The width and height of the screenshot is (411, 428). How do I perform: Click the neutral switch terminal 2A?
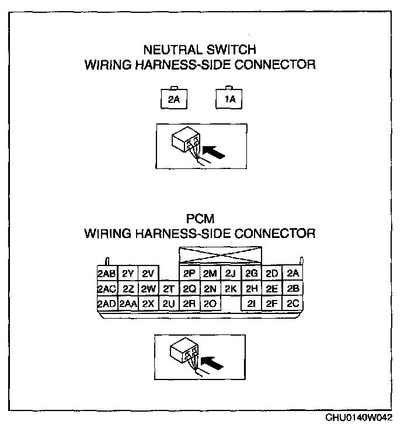[x=173, y=99]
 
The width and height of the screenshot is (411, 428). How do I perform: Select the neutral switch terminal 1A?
[x=229, y=99]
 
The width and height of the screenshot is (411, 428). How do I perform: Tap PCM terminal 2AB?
[x=107, y=274]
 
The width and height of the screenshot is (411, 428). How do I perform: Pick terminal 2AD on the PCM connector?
[x=107, y=303]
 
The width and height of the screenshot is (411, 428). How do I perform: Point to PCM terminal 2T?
[x=169, y=289]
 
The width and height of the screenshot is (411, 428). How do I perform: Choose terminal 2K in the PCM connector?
[x=230, y=289]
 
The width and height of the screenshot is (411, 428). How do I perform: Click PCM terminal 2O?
[x=210, y=303]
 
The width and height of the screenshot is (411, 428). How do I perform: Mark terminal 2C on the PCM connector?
[x=292, y=303]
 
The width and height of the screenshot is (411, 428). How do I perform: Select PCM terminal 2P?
[x=189, y=274]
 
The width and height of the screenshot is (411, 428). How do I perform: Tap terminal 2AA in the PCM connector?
[x=128, y=303]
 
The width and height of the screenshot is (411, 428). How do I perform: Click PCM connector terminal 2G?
[x=251, y=274]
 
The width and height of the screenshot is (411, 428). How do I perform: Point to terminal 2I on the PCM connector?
[x=251, y=303]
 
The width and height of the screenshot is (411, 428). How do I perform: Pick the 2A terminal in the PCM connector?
[x=292, y=274]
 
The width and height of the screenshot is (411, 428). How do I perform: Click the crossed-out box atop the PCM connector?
[x=220, y=256]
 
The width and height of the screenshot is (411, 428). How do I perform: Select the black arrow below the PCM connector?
[x=215, y=364]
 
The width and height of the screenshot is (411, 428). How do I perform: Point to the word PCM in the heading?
[x=200, y=219]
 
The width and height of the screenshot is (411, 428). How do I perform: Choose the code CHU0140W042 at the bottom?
[x=359, y=419]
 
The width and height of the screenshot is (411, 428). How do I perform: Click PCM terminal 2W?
[x=148, y=289]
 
